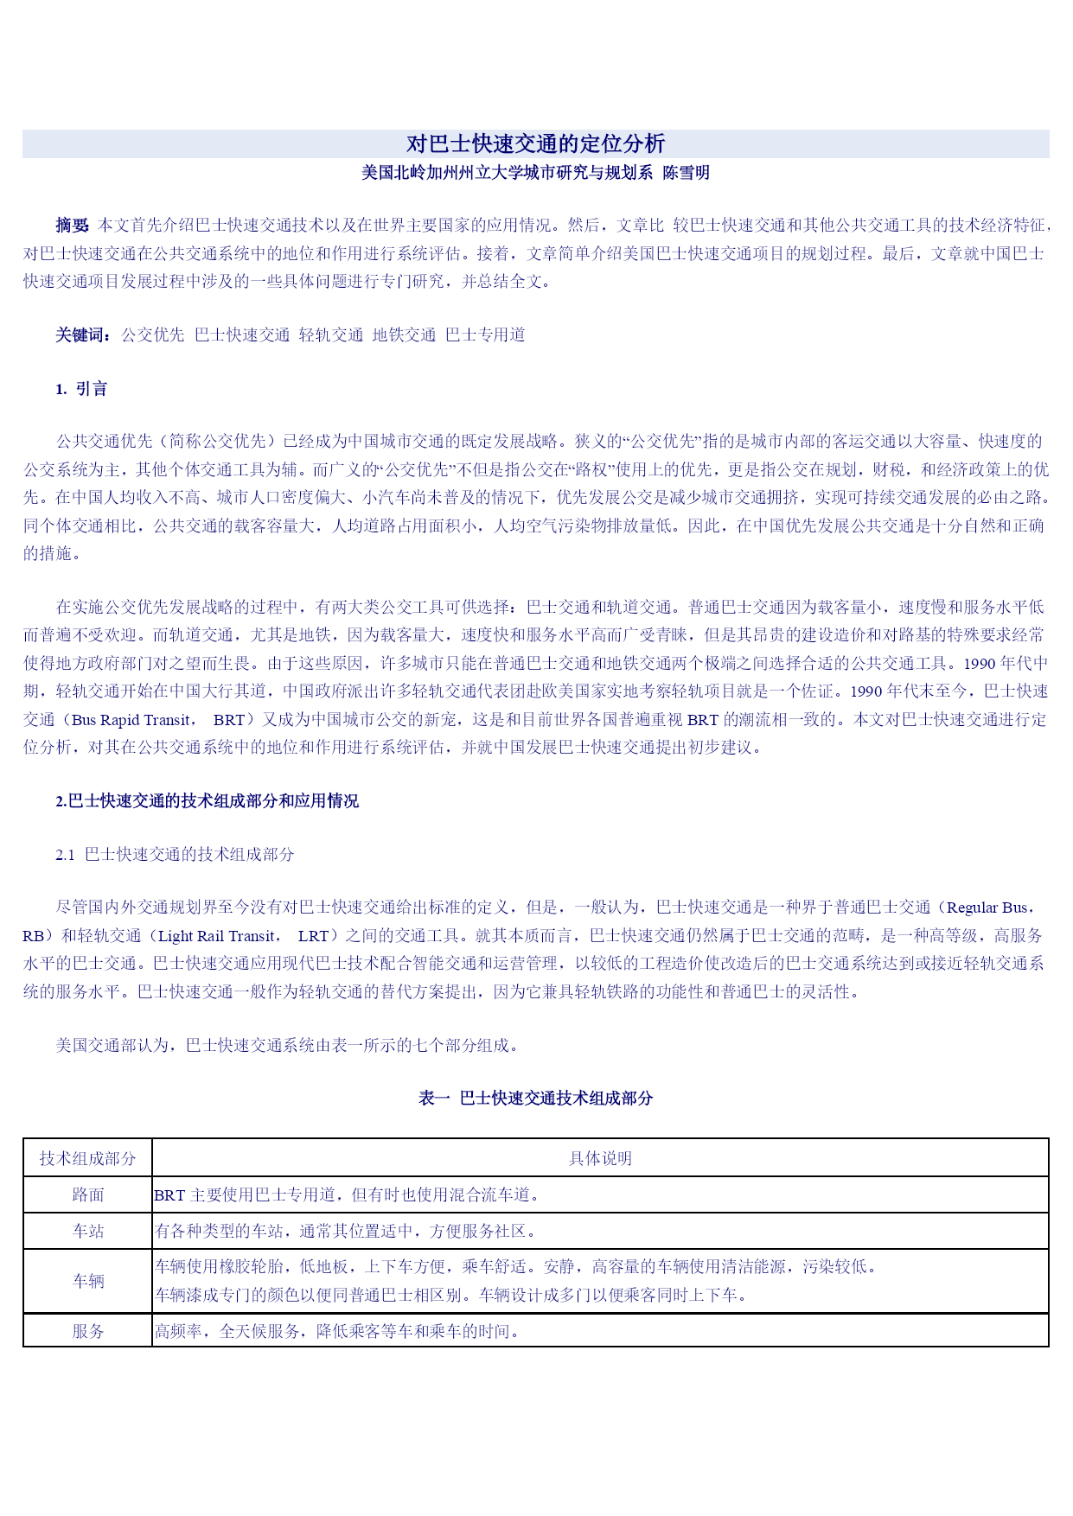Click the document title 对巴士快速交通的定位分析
535,143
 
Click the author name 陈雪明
686,173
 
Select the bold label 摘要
72,226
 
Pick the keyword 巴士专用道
485,335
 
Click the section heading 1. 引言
81,389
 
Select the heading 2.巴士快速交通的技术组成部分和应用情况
207,801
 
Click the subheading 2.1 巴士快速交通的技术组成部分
175,855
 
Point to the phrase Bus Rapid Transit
131,720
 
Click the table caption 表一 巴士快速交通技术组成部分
535,1099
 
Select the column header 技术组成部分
87,1159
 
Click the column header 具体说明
600,1159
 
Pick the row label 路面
87,1195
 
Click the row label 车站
87,1232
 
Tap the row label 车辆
87,1282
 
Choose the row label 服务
87,1332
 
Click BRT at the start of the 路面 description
169,1195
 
